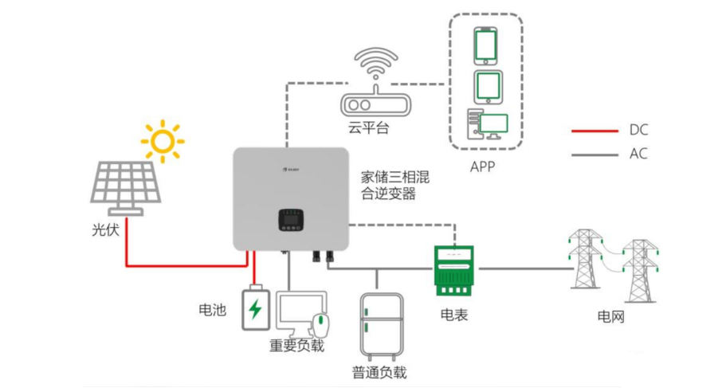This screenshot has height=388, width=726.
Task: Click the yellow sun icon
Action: pyautogui.click(x=163, y=141)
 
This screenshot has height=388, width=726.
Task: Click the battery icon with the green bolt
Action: pyautogui.click(x=255, y=307)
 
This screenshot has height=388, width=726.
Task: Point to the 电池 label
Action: pyautogui.click(x=213, y=309)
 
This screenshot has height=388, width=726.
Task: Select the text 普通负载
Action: pyautogui.click(x=379, y=372)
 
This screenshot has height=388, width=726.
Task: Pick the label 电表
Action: pyautogui.click(x=454, y=315)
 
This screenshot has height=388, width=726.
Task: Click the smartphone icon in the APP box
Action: pyautogui.click(x=486, y=45)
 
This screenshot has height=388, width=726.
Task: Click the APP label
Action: pyautogui.click(x=485, y=167)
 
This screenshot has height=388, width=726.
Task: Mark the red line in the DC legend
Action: pyautogui.click(x=595, y=130)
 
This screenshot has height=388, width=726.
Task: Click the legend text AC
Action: pyautogui.click(x=638, y=154)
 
